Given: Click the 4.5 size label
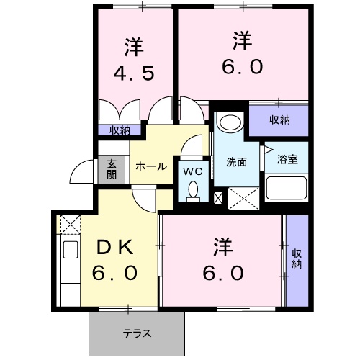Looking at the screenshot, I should [x=133, y=74].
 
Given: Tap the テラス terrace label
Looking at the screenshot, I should [x=137, y=333].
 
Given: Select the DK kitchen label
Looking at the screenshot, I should [x=114, y=247].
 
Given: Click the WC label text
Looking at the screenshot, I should [x=192, y=171].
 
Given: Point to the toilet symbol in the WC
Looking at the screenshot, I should [x=192, y=189].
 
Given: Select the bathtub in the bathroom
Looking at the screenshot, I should [x=287, y=189].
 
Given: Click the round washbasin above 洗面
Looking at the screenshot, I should [x=230, y=122].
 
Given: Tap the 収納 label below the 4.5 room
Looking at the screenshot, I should [x=120, y=130].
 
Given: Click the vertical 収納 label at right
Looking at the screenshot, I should [x=297, y=258].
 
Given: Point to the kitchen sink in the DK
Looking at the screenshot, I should [x=71, y=251].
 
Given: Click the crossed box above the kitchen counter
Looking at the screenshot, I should [x=70, y=225].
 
